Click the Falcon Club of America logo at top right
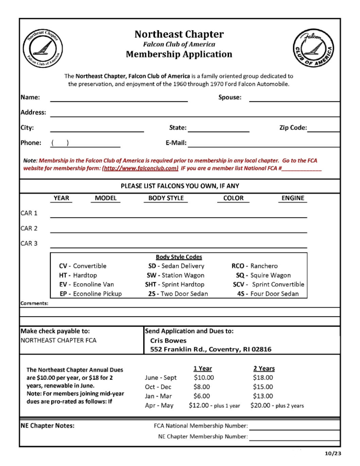coord(313,49)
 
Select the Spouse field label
coord(229,97)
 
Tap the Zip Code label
coord(293,128)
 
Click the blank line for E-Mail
coord(263,143)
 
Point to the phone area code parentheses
coord(60,143)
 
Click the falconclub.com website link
coord(140,168)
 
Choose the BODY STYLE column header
coord(166,198)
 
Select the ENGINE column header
coord(293,198)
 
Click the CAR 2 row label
coord(29,228)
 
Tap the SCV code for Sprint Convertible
coord(239,284)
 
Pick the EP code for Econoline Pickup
coord(63,294)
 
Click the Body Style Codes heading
coord(179,257)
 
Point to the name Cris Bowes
coord(168,341)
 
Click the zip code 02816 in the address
coord(261,349)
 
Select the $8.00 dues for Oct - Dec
coord(202,387)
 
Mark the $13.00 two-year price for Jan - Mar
coord(263,396)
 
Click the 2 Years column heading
coord(264,368)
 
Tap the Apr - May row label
coord(159,405)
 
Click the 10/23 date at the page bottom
coord(333,453)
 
